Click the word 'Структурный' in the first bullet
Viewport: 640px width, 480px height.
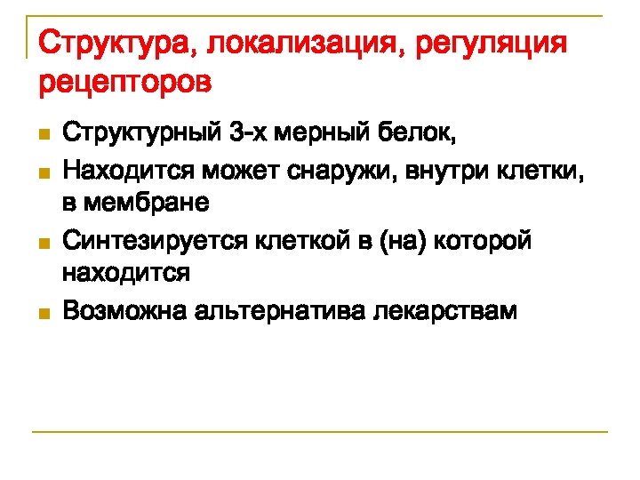[142, 134]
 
